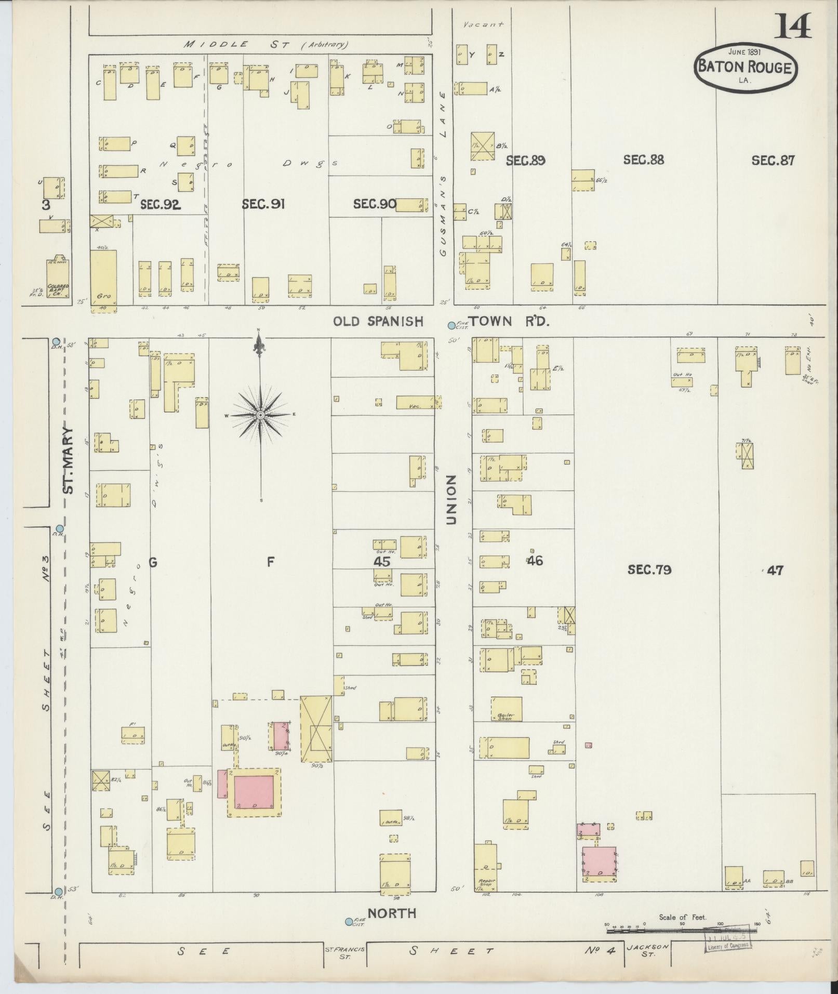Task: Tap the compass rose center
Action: pyautogui.click(x=260, y=415)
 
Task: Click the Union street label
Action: pyautogui.click(x=451, y=499)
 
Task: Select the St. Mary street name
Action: pyautogui.click(x=69, y=460)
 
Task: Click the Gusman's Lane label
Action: pyautogui.click(x=443, y=174)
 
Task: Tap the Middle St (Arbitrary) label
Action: pyautogui.click(x=266, y=45)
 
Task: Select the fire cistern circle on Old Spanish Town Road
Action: pyautogui.click(x=451, y=325)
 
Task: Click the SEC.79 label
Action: pyautogui.click(x=649, y=569)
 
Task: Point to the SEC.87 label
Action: pyautogui.click(x=773, y=160)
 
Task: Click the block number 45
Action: pyautogui.click(x=382, y=561)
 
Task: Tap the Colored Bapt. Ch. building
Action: pyautogui.click(x=57, y=278)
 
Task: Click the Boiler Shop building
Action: pyautogui.click(x=506, y=709)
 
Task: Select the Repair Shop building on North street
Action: pyautogui.click(x=485, y=868)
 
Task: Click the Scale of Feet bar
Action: pyautogui.click(x=681, y=930)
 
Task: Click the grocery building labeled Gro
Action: pyautogui.click(x=103, y=278)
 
